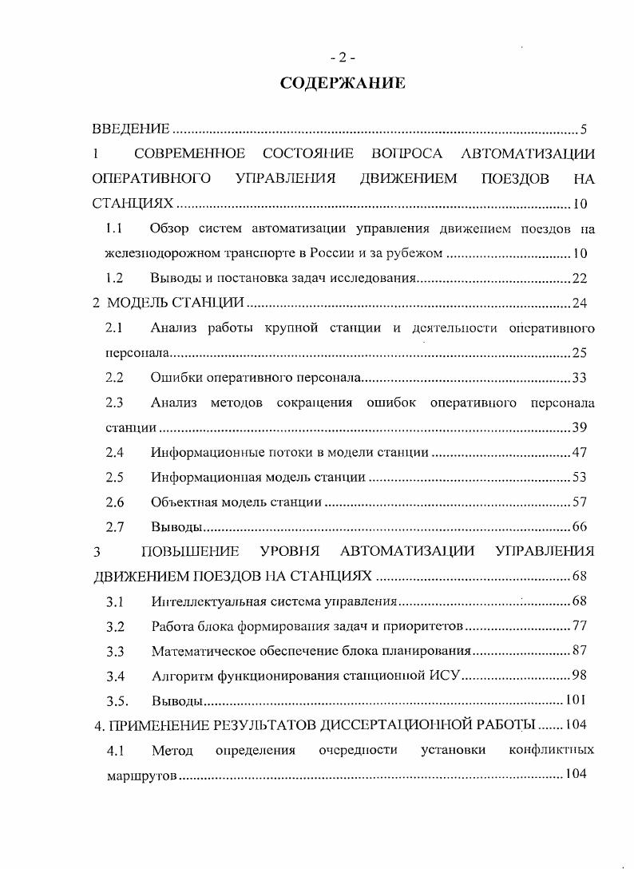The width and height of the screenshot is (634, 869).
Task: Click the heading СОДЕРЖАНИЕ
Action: tap(343, 84)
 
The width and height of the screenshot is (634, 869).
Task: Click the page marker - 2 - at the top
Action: tap(343, 57)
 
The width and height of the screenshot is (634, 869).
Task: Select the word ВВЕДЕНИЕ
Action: tap(131, 129)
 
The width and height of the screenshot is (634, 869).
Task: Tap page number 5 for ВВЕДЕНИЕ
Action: tap(584, 129)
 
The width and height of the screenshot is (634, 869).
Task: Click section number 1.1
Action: tap(113, 230)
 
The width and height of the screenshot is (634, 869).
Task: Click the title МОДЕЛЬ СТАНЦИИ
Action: tap(175, 303)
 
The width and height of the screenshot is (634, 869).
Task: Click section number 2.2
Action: tap(114, 378)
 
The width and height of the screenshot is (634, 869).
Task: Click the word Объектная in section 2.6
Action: tap(178, 502)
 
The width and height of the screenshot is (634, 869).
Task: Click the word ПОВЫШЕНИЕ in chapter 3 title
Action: tap(191, 551)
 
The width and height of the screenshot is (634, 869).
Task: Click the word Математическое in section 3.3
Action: tap(196, 652)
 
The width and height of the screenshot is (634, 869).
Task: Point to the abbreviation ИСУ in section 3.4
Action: tap(446, 677)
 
